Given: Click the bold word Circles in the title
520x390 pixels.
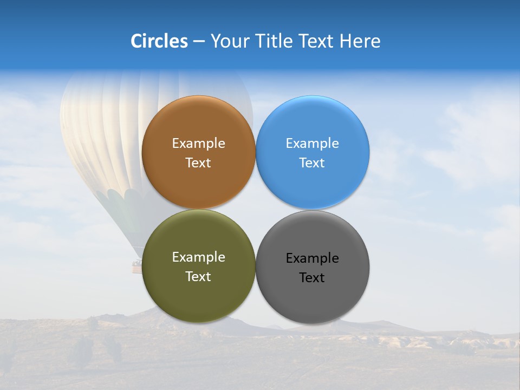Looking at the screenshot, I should click(x=159, y=41).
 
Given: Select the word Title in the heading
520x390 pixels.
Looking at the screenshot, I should click(x=274, y=41).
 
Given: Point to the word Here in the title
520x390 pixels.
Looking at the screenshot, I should click(x=360, y=41).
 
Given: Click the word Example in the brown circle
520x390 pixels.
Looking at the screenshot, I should click(x=198, y=144).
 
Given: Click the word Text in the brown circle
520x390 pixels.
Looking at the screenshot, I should click(x=198, y=163).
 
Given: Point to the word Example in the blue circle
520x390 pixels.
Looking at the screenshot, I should click(x=312, y=144).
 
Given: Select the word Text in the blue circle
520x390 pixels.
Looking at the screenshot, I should click(x=312, y=163).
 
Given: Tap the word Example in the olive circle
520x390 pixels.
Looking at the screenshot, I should click(x=198, y=257).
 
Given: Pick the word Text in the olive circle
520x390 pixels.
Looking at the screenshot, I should click(x=198, y=277).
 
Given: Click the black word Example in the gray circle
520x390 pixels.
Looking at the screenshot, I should click(x=312, y=258).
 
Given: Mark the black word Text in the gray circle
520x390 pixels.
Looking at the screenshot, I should click(x=312, y=278).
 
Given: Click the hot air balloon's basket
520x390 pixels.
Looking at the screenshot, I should click(x=136, y=265).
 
